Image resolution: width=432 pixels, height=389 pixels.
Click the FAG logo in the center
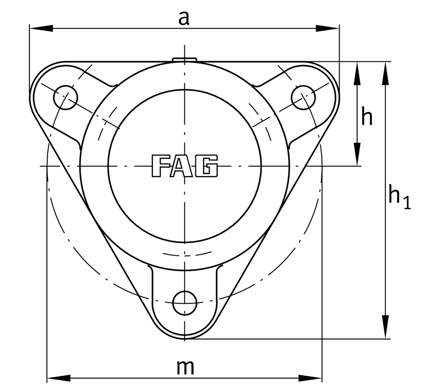pos(184,166)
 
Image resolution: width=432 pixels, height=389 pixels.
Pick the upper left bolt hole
pos(66,97)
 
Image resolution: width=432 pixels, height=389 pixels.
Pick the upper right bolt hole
pos(303,97)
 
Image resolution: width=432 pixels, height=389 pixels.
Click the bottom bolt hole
pos(185,303)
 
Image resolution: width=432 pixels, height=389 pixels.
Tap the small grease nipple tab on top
pos(184,59)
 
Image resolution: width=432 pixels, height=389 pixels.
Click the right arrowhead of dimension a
pos(328,28)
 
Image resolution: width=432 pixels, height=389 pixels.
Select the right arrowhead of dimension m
pos(310,378)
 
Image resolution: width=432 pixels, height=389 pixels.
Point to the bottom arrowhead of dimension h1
pos(386,327)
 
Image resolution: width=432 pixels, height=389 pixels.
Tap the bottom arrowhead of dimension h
pos(357,155)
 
